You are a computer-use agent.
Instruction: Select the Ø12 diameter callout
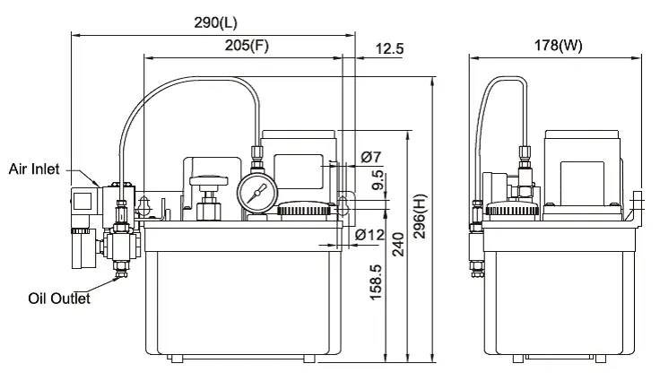pos(369,235)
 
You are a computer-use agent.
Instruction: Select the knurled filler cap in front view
pos(306,212)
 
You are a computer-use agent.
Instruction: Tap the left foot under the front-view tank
pos(178,359)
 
